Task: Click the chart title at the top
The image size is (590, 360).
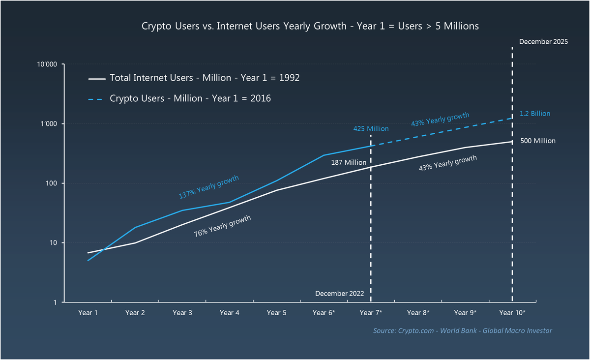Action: [310, 26]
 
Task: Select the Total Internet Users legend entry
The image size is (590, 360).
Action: [204, 78]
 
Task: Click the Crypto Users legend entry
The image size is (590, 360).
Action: [190, 98]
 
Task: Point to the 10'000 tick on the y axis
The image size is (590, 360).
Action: [48, 64]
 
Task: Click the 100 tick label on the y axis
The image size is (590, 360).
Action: [52, 183]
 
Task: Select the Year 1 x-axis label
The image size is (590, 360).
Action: [88, 312]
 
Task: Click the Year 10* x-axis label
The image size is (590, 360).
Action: [512, 312]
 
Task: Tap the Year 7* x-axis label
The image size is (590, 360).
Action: [371, 312]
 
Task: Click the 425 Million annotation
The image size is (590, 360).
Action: [371, 129]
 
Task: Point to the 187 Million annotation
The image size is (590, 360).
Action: [349, 162]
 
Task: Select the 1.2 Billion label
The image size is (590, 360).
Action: [535, 114]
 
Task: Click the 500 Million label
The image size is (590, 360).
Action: [537, 141]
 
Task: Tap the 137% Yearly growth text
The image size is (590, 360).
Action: [208, 187]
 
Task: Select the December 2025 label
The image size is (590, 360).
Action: [543, 42]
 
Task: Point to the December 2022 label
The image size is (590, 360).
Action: [339, 294]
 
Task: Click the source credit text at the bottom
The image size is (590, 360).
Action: [462, 330]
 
